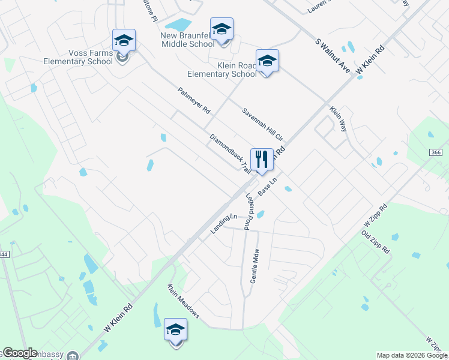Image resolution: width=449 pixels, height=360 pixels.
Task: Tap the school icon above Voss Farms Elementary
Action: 124,41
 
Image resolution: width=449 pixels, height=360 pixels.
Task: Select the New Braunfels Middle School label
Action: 187,40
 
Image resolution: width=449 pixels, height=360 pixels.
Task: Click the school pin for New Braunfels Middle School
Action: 221,29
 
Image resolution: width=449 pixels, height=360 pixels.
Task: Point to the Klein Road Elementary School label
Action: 221,70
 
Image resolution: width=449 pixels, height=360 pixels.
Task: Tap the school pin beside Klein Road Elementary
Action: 267,61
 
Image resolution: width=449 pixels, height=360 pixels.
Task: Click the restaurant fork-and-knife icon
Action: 261,160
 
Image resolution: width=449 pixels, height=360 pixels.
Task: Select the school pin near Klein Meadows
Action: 176,329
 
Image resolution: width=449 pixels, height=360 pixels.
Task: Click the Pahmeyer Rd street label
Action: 194,101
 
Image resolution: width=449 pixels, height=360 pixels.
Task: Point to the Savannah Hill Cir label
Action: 262,124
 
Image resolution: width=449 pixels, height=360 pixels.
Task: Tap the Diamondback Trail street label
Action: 230,154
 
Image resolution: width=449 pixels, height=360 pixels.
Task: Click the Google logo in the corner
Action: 20,353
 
